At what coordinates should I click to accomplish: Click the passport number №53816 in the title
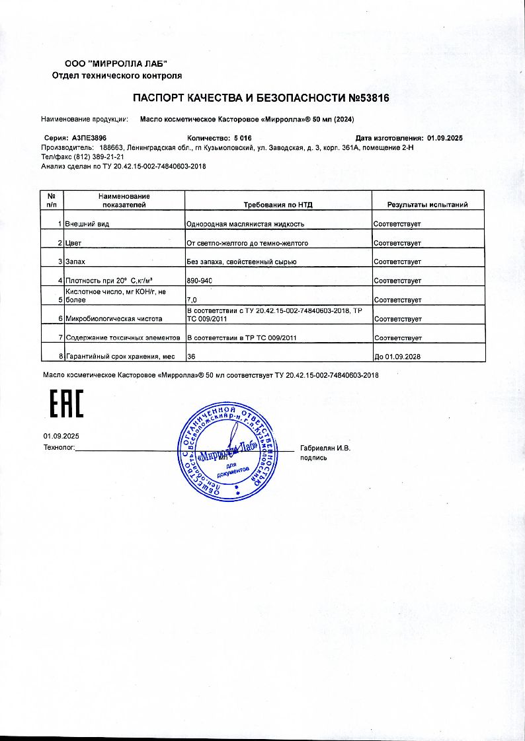coord(368,98)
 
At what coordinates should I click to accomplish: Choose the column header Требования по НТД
coord(277,205)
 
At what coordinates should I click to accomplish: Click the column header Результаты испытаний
coord(427,205)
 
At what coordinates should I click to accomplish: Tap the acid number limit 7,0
coord(192,300)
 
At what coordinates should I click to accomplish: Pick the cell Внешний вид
coord(87,224)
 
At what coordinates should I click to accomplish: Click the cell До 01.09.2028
coord(397,357)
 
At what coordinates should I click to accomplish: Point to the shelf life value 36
coord(192,357)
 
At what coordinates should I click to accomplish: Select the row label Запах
coord(75,262)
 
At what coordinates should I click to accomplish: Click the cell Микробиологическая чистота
coord(113,319)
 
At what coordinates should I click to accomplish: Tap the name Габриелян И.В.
coord(325,448)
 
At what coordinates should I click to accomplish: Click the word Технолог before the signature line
coord(59,448)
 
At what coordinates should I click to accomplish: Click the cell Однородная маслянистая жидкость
coord(246,224)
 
